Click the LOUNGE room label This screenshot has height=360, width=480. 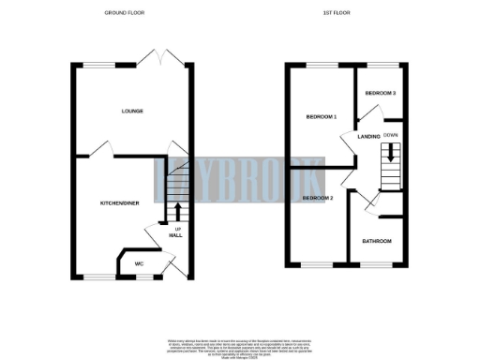(x=131, y=111)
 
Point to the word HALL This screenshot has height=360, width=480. (x=175, y=235)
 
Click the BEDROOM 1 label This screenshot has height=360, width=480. (x=322, y=117)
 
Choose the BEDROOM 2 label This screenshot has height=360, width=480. (x=318, y=199)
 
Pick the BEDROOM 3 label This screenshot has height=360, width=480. (x=381, y=93)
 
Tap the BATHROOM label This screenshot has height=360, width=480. (x=377, y=242)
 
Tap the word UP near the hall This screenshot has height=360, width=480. (x=175, y=227)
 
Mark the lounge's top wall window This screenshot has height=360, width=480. (x=100, y=65)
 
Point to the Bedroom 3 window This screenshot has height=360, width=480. (x=382, y=65)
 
